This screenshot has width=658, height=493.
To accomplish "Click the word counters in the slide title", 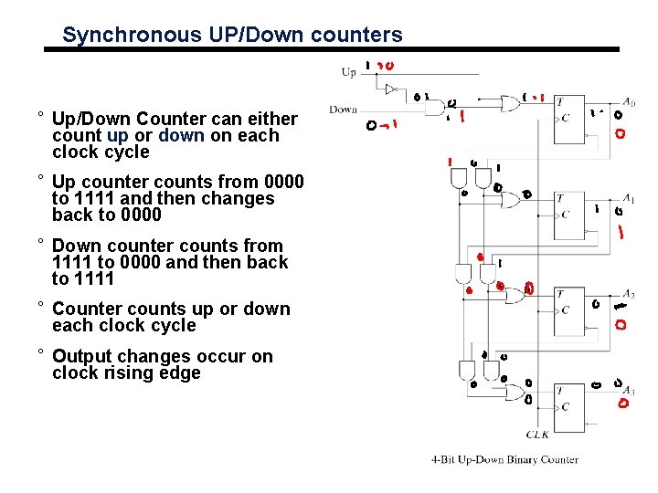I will (358, 36).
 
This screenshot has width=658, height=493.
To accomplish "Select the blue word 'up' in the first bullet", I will (117, 135).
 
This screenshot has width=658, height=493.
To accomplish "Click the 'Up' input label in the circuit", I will (348, 72).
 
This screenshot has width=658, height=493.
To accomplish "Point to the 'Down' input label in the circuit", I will (343, 110).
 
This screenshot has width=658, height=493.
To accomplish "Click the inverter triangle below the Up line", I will (391, 89).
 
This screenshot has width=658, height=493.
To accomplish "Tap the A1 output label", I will (629, 198).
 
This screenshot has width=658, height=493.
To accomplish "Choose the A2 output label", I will (629, 295).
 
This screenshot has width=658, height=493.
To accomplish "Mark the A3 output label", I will (629, 391).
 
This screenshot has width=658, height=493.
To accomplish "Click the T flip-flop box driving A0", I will (571, 113).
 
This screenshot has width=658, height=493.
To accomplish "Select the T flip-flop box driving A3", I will (571, 403).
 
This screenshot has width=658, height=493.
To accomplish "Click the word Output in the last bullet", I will (81, 356).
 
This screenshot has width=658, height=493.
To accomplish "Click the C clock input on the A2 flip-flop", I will (566, 310).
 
